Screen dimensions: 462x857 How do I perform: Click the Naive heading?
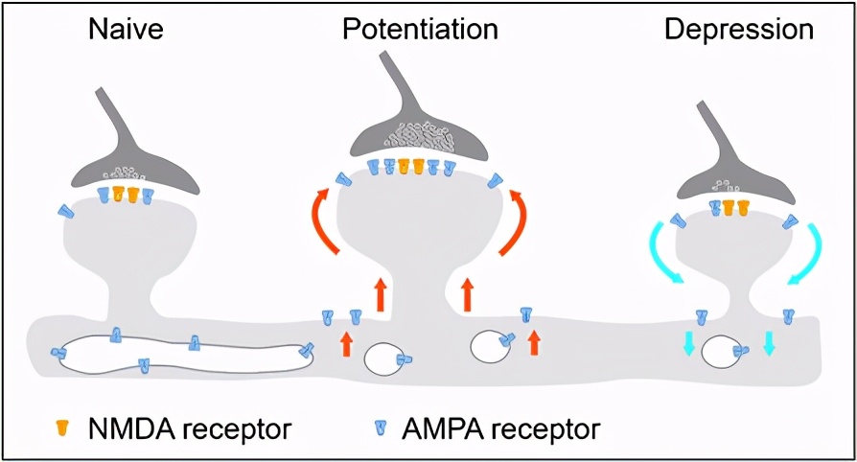coord(125,30)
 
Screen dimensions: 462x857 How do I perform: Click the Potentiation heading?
coord(421,30)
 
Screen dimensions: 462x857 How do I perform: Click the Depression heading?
coord(739,30)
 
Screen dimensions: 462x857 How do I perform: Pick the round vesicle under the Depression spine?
coord(721,352)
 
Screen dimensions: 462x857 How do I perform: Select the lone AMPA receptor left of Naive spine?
coord(64,211)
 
